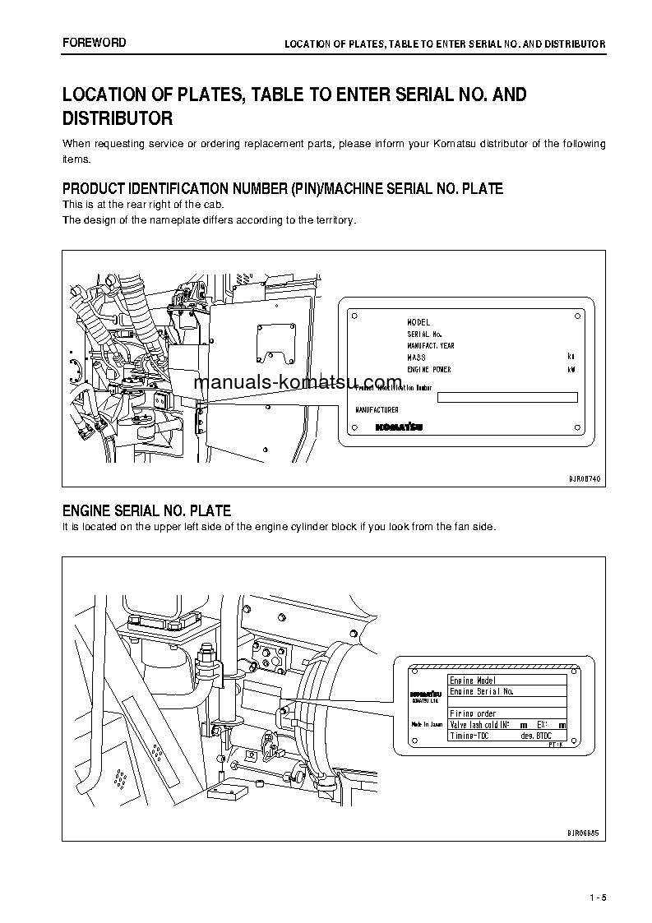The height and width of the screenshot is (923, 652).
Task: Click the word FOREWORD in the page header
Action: (x=94, y=42)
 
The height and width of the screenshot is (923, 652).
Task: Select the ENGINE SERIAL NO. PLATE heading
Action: (x=146, y=511)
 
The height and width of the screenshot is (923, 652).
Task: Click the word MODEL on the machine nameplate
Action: (x=418, y=322)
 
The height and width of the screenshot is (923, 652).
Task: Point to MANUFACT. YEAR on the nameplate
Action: (x=430, y=346)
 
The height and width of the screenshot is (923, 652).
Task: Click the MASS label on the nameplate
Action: (x=416, y=358)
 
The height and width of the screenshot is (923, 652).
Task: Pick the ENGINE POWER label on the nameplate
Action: (x=428, y=370)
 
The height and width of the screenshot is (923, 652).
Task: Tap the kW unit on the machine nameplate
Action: (x=571, y=370)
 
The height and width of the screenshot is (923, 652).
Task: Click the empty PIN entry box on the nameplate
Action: (x=506, y=398)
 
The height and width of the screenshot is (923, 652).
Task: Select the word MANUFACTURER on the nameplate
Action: (x=377, y=410)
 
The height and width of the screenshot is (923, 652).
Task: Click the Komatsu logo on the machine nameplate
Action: (x=399, y=427)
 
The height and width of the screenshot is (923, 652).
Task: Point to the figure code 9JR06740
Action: (x=584, y=477)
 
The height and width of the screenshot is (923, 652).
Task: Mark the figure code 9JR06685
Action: (x=584, y=832)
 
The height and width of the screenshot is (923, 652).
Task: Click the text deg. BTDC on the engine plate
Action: (x=536, y=736)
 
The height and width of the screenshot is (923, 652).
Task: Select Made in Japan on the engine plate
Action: (x=427, y=725)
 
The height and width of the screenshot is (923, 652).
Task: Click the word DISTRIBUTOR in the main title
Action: (x=118, y=118)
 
